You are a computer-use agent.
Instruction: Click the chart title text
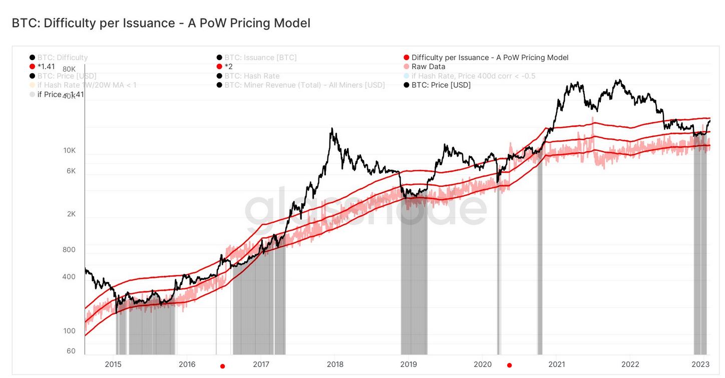[161, 23]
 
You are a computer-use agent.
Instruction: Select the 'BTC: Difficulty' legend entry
[62, 58]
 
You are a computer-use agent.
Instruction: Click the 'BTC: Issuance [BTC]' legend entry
[260, 58]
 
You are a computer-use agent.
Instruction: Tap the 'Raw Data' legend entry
[428, 67]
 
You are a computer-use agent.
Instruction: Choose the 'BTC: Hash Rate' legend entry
[251, 76]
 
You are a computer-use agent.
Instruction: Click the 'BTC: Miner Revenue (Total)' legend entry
[304, 85]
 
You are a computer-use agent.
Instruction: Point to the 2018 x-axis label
[334, 364]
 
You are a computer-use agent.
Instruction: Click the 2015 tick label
[113, 364]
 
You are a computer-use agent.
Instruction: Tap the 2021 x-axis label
[557, 364]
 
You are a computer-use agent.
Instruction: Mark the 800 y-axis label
[68, 250]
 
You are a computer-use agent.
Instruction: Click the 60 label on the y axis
[71, 351]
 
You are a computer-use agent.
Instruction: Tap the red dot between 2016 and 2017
[223, 366]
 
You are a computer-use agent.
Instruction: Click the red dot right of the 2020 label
[510, 365]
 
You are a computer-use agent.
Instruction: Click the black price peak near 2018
[331, 129]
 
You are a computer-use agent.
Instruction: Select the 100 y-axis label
[68, 331]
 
